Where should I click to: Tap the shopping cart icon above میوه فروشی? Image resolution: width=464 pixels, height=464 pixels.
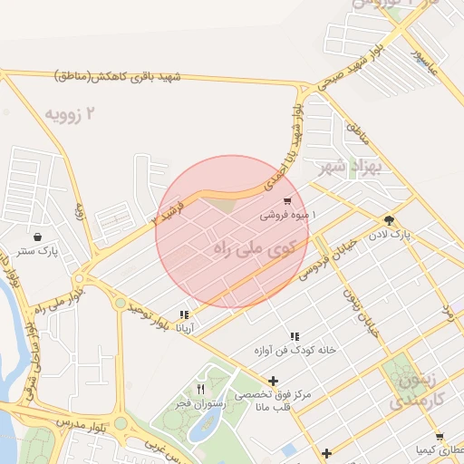point(287,201)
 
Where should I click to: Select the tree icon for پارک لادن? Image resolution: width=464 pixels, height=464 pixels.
point(390,220)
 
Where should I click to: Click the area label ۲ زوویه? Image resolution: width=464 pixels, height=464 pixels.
point(70,115)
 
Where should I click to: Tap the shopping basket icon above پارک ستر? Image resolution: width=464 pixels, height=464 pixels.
point(40,234)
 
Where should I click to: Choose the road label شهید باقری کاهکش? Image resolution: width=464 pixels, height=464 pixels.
point(118,76)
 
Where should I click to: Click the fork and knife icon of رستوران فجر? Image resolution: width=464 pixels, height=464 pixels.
point(200,389)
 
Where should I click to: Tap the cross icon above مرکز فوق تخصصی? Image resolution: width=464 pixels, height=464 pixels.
point(273,381)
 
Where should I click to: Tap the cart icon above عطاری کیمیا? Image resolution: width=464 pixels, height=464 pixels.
point(439,436)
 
